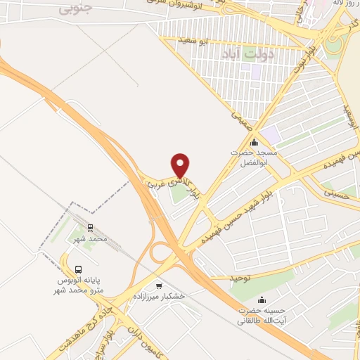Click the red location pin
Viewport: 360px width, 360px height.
tap(181, 165)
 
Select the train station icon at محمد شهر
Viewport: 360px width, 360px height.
tap(90, 227)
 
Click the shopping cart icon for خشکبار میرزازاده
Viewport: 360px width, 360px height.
tap(160, 285)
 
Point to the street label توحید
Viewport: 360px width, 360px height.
tap(240, 278)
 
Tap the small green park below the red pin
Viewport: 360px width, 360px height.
tap(179, 191)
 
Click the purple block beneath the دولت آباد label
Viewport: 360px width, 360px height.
tap(256, 71)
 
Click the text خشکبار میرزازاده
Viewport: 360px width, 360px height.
tap(162, 297)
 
